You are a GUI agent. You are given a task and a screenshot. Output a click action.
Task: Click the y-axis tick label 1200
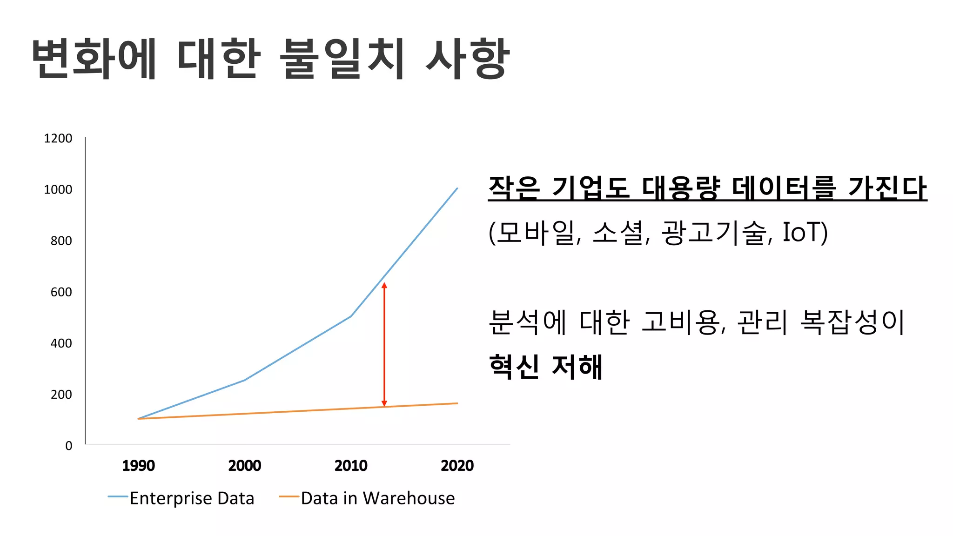(58, 139)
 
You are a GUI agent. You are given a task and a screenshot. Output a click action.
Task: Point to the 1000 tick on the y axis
(58, 190)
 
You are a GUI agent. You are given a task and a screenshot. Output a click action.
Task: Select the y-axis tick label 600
(61, 292)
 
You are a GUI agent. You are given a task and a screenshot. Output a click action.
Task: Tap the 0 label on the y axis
(68, 446)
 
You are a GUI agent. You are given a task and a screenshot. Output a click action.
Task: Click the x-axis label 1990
(138, 466)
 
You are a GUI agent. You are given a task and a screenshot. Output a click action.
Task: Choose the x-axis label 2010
(351, 466)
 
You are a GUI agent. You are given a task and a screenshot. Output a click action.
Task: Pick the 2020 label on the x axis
(457, 466)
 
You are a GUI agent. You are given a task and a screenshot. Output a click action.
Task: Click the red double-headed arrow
(384, 344)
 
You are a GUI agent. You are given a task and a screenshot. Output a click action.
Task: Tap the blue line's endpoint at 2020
(457, 188)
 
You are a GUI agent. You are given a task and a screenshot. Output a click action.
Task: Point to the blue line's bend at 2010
(351, 316)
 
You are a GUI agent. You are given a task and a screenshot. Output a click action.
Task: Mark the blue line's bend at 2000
(245, 380)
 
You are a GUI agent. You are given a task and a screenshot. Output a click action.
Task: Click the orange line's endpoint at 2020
(457, 403)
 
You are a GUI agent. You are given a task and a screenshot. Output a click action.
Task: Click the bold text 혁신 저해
(546, 367)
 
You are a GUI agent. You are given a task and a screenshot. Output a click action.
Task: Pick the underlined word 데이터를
(783, 188)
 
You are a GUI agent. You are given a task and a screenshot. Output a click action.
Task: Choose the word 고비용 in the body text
(680, 322)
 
